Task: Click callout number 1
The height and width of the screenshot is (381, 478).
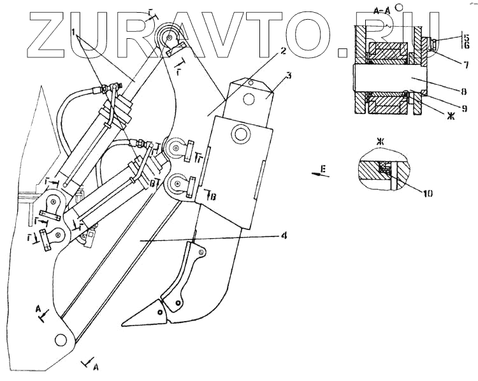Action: click(74, 32)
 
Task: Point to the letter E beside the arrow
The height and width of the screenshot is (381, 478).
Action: click(323, 168)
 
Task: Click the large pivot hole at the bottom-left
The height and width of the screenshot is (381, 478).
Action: click(62, 340)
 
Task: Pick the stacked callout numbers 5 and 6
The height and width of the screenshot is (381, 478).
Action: click(465, 43)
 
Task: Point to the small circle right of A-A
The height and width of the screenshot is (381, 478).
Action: click(399, 7)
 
